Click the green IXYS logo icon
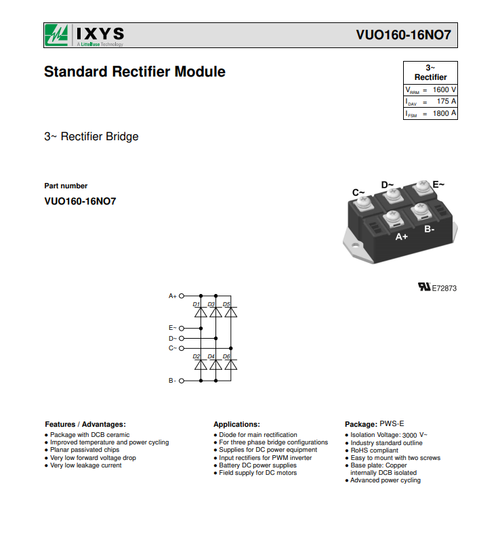(x=56, y=35)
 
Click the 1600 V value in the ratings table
(x=444, y=90)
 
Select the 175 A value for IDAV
(x=446, y=102)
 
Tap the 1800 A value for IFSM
(x=444, y=113)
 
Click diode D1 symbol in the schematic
(x=201, y=312)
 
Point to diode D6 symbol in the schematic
(x=231, y=364)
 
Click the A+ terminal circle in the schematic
(x=181, y=296)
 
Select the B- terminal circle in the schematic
(x=181, y=381)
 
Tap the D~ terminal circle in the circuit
(x=181, y=339)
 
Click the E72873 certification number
(x=444, y=289)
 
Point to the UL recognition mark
(x=424, y=287)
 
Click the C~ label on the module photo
(x=358, y=192)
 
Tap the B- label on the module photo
(x=429, y=229)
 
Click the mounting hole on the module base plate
(x=355, y=245)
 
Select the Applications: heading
(x=237, y=425)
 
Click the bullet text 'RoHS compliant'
(x=374, y=450)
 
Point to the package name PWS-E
(x=392, y=424)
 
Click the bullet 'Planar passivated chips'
(x=85, y=450)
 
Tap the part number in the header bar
(x=403, y=35)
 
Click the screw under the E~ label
(x=422, y=188)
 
